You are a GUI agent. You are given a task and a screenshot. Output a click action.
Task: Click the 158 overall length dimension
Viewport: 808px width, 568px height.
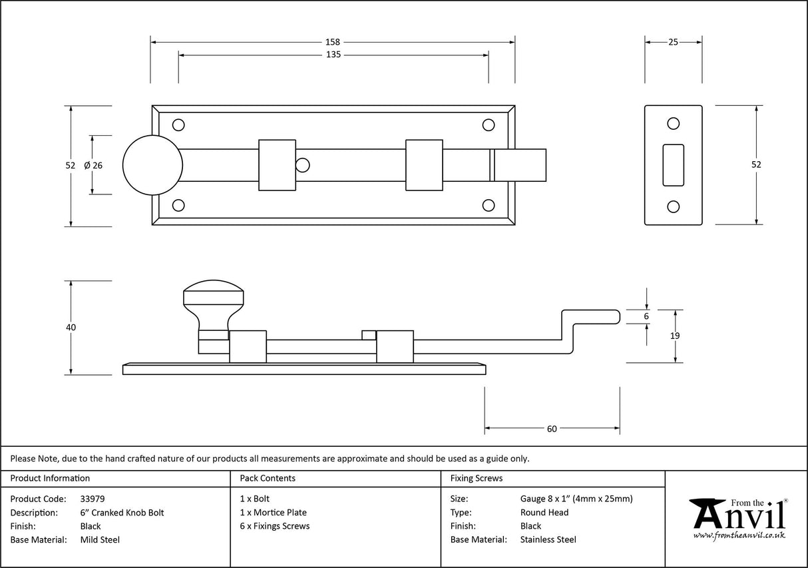coord(333,42)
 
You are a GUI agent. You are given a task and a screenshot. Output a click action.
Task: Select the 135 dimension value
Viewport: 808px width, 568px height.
coord(333,55)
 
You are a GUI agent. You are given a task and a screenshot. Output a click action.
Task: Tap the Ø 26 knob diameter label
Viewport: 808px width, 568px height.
coord(93,165)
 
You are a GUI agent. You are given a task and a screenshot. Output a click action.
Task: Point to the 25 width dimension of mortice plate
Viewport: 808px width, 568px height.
coord(673,42)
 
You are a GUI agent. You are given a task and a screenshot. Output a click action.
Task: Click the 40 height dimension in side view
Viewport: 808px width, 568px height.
coord(71,327)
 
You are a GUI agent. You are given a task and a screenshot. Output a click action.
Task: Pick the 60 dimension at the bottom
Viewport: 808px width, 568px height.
coord(552,429)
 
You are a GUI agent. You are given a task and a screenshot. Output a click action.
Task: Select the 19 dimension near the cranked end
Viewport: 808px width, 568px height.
coord(675,336)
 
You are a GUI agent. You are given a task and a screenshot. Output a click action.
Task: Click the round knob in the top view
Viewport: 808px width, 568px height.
coord(152,165)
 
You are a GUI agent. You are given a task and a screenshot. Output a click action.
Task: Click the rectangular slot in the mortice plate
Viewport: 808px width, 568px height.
coord(673,164)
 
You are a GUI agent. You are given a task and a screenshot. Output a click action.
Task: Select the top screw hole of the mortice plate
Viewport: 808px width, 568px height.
coord(673,123)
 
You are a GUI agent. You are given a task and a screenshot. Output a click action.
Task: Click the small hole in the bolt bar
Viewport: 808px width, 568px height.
coord(303,164)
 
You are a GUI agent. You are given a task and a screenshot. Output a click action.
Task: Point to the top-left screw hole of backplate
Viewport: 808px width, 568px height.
coord(178,125)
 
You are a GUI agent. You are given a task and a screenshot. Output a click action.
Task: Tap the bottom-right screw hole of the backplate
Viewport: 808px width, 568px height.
coord(488,206)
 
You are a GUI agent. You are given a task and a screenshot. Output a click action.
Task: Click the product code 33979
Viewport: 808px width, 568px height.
coord(92,499)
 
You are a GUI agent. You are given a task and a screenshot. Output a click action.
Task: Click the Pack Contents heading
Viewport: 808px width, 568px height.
coord(268,478)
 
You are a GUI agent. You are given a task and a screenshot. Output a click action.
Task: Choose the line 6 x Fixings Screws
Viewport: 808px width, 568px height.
coord(274,526)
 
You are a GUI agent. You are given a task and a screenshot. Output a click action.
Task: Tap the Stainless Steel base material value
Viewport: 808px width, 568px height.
coord(548,540)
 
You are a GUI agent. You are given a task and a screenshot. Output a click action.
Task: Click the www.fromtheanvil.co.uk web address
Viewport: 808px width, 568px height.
coord(739,535)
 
